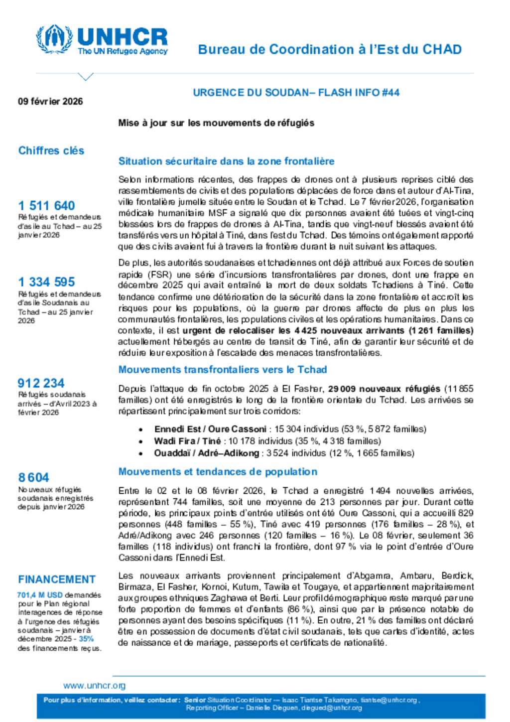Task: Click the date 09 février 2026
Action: [50, 102]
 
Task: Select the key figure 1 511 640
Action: [46, 205]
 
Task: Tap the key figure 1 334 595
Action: [46, 282]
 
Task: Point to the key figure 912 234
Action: [41, 383]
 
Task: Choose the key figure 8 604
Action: [33, 477]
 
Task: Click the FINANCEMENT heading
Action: [57, 579]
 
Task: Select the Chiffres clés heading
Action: [51, 150]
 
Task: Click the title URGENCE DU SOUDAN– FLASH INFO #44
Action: [296, 93]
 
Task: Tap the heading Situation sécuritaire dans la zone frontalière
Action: [226, 161]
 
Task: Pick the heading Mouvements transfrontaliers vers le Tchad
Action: [223, 370]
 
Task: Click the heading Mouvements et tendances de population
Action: [218, 472]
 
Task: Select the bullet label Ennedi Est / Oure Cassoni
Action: [210, 429]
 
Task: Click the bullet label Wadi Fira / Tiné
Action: [187, 441]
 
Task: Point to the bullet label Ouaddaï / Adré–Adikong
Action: [206, 453]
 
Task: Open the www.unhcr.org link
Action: [94, 686]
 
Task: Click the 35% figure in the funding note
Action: [86, 639]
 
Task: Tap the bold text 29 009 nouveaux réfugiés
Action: [384, 389]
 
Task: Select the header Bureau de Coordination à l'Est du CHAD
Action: [330, 49]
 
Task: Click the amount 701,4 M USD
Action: [40, 595]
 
